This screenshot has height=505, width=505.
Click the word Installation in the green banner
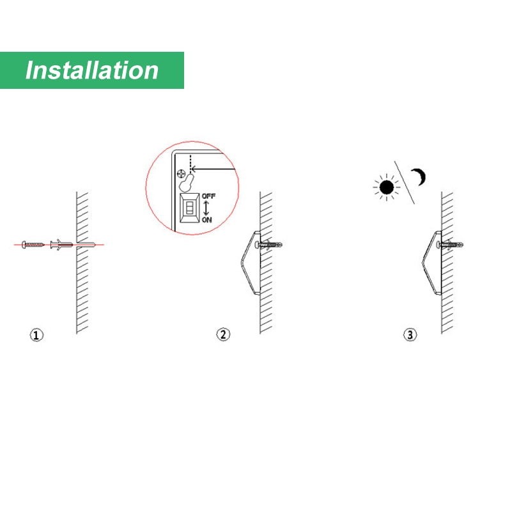pyautogui.click(x=92, y=70)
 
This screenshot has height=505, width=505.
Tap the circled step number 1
pyautogui.click(x=36, y=335)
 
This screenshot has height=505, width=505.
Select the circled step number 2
pyautogui.click(x=223, y=334)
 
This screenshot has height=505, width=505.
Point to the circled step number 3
pyautogui.click(x=410, y=334)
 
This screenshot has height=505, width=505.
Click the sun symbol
pyautogui.click(x=387, y=187)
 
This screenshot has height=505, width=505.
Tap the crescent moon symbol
pyautogui.click(x=419, y=177)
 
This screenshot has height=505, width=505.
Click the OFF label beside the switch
pyautogui.click(x=208, y=196)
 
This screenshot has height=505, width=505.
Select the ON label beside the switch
pyautogui.click(x=206, y=220)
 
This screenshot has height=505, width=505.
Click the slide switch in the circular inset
pyautogui.click(x=189, y=208)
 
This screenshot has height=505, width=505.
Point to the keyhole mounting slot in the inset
pyautogui.click(x=186, y=183)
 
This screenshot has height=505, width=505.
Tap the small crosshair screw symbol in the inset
pyautogui.click(x=182, y=174)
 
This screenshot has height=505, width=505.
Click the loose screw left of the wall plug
pyautogui.click(x=33, y=245)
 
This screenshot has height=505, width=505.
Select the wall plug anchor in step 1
pyautogui.click(x=61, y=245)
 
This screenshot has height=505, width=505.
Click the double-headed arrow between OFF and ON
pyautogui.click(x=206, y=208)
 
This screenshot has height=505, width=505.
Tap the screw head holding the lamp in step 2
pyautogui.click(x=257, y=245)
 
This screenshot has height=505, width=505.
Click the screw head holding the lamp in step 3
pyautogui.click(x=439, y=245)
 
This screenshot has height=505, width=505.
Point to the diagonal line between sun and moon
pyautogui.click(x=405, y=183)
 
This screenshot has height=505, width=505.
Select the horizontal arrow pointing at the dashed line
pyautogui.click(x=214, y=169)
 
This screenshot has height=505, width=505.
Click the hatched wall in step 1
pyautogui.click(x=82, y=263)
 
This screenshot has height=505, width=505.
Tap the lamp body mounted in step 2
pyautogui.click(x=251, y=263)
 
